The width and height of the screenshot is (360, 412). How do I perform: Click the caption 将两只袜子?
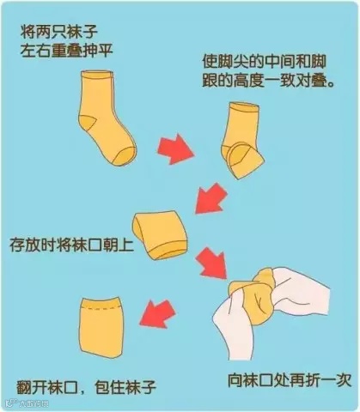[58, 32]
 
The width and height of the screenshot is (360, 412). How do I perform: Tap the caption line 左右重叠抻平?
[66, 51]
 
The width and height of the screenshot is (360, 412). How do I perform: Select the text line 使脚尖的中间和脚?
[264, 61]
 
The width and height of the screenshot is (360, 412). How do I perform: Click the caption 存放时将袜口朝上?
[71, 245]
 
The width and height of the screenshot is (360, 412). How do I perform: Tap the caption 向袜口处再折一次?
[290, 380]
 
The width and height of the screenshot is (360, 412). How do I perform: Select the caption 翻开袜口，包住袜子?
[86, 388]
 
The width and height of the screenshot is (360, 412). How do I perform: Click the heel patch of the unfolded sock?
[88, 124]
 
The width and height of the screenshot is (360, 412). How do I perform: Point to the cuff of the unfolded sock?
[97, 75]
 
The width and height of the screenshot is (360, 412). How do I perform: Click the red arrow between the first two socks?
[176, 148]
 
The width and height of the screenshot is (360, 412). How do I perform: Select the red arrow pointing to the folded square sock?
[211, 198]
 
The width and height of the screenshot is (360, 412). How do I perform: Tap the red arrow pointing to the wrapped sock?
[158, 313]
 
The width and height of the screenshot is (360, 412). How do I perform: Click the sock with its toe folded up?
[242, 140]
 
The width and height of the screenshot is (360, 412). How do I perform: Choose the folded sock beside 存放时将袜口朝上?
[160, 235]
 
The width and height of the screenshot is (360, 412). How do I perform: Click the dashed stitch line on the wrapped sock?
[100, 309]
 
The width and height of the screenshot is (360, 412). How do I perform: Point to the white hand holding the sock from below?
[234, 329]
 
